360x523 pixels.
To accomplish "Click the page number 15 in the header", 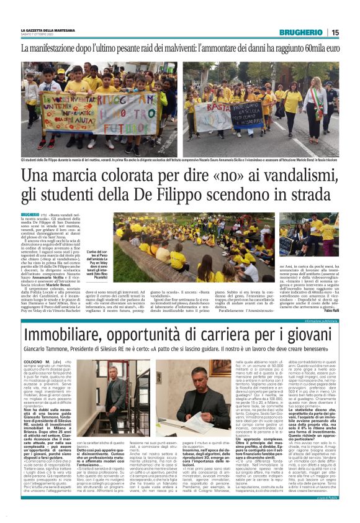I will point(335,32).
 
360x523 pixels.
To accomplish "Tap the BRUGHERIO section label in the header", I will point(301,32).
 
